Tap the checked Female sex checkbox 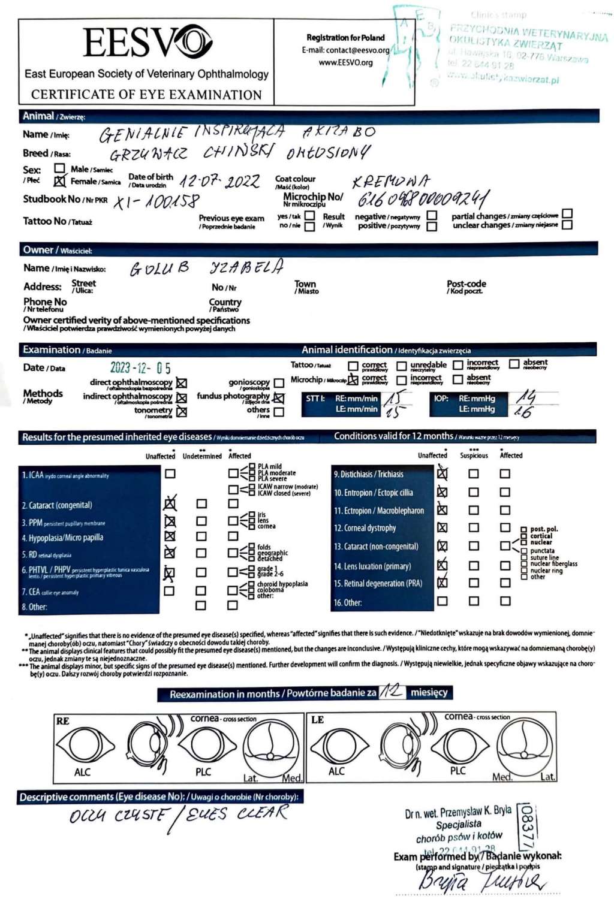(59, 180)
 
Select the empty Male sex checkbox (59, 168)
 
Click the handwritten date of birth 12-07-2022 (219, 181)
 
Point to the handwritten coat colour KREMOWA (390, 181)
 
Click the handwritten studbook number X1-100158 (156, 201)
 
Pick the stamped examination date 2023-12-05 (140, 368)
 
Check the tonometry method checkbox (182, 411)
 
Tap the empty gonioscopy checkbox (279, 382)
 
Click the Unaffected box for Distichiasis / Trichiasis (442, 473)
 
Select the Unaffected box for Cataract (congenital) (170, 503)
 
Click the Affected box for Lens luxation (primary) (505, 565)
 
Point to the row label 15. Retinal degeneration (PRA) (378, 583)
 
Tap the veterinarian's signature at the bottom (480, 881)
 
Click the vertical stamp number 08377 (526, 826)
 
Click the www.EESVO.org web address (345, 62)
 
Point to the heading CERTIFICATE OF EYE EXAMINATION (146, 95)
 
